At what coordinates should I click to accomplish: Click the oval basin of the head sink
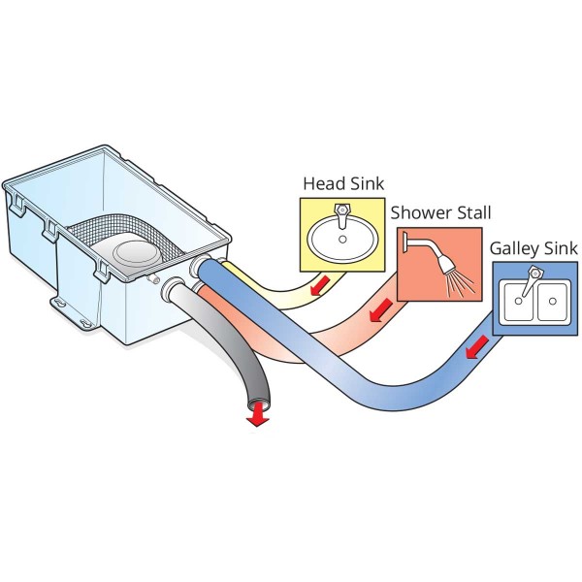(x=340, y=238)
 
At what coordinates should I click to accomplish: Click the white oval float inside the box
(x=136, y=255)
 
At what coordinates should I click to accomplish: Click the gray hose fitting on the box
(x=176, y=288)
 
